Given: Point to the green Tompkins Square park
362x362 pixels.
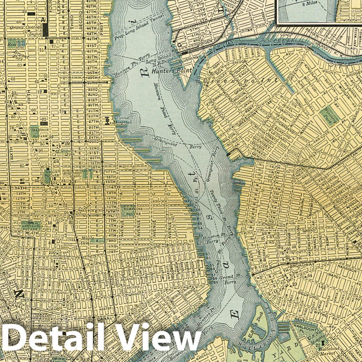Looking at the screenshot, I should (128, 211).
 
